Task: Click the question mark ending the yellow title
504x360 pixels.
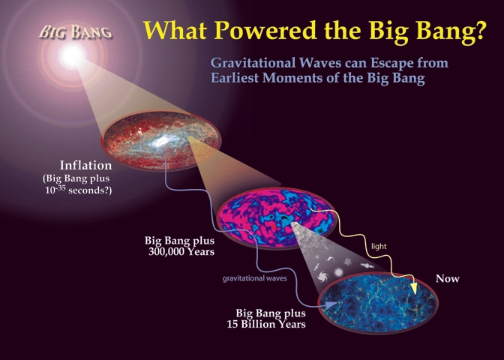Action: (x=479, y=31)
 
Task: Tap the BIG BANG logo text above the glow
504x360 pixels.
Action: (x=76, y=32)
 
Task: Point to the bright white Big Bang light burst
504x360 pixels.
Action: (x=71, y=56)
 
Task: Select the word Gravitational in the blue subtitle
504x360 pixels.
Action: (x=253, y=62)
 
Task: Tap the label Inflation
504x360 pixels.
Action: (x=85, y=165)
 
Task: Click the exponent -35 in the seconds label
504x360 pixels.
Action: (x=61, y=187)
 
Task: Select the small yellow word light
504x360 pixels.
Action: (x=379, y=246)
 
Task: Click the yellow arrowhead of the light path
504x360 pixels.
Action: (x=415, y=288)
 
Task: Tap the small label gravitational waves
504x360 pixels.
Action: (x=254, y=278)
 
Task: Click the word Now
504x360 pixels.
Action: (x=448, y=278)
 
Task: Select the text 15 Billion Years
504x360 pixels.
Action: (x=266, y=324)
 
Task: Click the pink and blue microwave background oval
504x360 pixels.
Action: (x=276, y=217)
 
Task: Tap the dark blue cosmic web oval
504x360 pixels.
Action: (x=378, y=303)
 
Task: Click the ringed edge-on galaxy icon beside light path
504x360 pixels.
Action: (x=367, y=265)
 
